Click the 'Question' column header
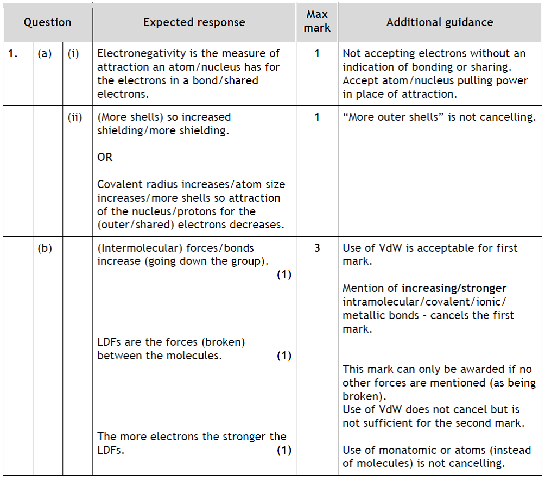coord(47,22)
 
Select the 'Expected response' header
coord(194,22)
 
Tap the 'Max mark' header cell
coord(317,21)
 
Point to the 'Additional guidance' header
coord(440,22)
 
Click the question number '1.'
coord(13,54)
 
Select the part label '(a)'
coord(45,54)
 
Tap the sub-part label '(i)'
coord(73,54)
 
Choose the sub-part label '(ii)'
coord(74,117)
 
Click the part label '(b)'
coord(45,248)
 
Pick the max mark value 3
coord(317,248)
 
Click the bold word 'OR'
coord(105,157)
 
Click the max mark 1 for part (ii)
coord(317,117)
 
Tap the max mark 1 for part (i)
coord(317,54)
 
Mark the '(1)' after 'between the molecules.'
coord(284,356)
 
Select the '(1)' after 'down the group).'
coord(284,275)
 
